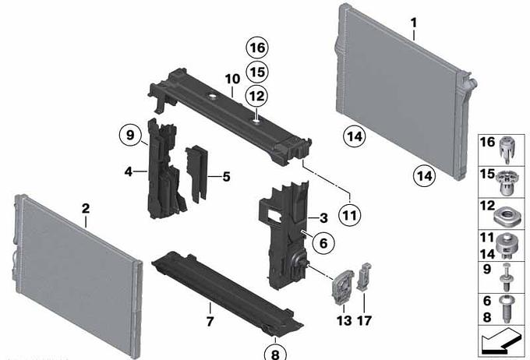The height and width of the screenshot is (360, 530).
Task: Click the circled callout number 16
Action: [x=257, y=48]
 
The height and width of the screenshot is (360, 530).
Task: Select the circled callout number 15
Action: [x=257, y=72]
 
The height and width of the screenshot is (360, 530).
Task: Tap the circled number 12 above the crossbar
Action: [x=256, y=97]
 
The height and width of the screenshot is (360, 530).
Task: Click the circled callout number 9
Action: [x=130, y=136]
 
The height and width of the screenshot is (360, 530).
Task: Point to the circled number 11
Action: [x=350, y=215]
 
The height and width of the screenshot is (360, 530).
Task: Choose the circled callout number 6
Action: [x=323, y=242]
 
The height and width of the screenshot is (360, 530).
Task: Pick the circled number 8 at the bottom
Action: [x=275, y=353]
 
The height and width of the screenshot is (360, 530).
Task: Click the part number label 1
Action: [x=414, y=23]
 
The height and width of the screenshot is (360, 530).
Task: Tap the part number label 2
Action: [x=86, y=208]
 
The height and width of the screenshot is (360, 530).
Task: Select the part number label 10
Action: [x=232, y=79]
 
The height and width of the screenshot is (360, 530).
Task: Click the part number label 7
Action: [x=210, y=321]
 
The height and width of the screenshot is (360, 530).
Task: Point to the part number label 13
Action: [x=344, y=320]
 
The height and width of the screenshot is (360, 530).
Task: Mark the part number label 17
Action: [x=365, y=320]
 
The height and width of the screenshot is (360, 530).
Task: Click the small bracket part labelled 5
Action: [x=196, y=173]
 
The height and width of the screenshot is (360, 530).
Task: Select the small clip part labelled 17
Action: [x=364, y=277]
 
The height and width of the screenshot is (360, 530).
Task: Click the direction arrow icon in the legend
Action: [x=501, y=341]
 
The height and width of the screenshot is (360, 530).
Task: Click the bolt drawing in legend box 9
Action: [x=506, y=277]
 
